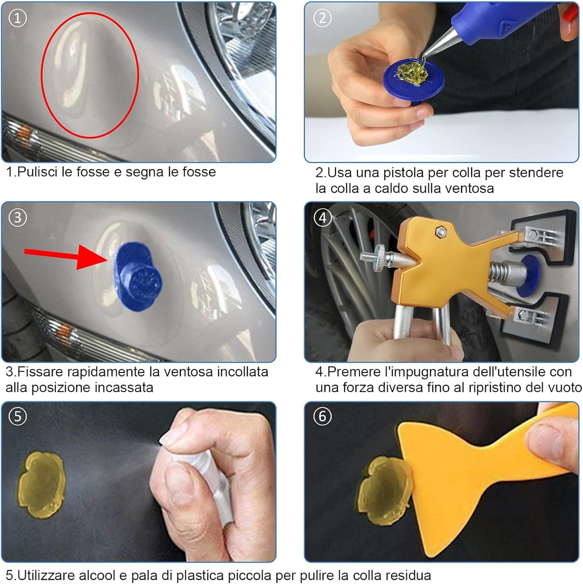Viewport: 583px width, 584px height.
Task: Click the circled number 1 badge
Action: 17,18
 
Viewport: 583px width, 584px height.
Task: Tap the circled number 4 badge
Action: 322,218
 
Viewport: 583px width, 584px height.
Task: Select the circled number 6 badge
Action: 322,416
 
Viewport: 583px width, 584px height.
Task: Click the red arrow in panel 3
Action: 65,256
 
